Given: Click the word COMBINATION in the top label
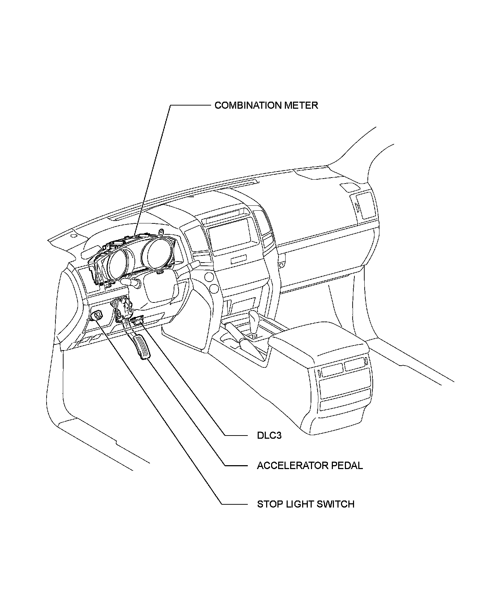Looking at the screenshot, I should (x=244, y=106).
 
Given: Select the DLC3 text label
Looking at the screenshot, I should (x=269, y=436).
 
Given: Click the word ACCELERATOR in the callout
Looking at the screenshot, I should (x=288, y=466).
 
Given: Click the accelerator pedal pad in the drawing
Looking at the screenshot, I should (x=142, y=347).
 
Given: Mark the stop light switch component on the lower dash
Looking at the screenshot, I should (x=97, y=315).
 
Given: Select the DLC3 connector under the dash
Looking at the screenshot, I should (x=138, y=322).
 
